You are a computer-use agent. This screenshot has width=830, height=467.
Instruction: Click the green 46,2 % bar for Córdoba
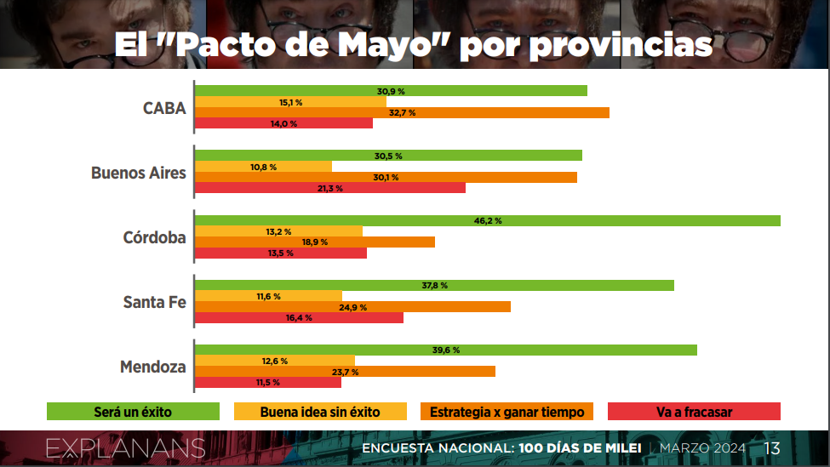click(488, 220)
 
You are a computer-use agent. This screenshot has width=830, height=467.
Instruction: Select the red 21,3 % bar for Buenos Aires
click(330, 188)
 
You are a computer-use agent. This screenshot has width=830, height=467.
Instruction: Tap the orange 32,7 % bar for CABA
click(403, 112)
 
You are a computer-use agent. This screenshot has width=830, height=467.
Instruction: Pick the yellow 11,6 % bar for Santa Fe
click(268, 296)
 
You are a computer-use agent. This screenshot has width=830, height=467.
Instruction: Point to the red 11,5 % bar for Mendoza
click(268, 382)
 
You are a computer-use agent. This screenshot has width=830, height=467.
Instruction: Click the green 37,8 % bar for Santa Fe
click(435, 285)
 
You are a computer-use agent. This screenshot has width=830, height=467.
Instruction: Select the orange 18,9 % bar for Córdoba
click(315, 242)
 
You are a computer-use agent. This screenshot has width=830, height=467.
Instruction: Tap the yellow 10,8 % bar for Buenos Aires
click(264, 167)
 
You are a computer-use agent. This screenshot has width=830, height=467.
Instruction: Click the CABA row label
click(164, 108)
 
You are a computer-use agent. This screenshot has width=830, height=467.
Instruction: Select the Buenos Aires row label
click(139, 173)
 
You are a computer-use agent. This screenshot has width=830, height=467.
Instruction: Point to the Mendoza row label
click(153, 367)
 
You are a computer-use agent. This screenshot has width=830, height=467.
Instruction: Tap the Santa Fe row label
click(155, 302)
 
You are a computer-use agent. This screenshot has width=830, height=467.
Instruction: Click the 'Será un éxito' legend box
click(133, 412)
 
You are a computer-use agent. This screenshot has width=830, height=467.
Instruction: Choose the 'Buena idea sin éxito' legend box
click(320, 412)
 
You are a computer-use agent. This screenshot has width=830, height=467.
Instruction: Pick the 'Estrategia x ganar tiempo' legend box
click(507, 412)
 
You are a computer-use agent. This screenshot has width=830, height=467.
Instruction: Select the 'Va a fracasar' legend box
click(694, 412)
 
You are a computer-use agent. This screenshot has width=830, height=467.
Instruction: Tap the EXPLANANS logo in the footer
click(125, 448)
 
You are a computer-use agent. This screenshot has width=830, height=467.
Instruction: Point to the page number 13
click(772, 448)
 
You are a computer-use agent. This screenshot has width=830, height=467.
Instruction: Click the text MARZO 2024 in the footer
click(702, 448)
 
